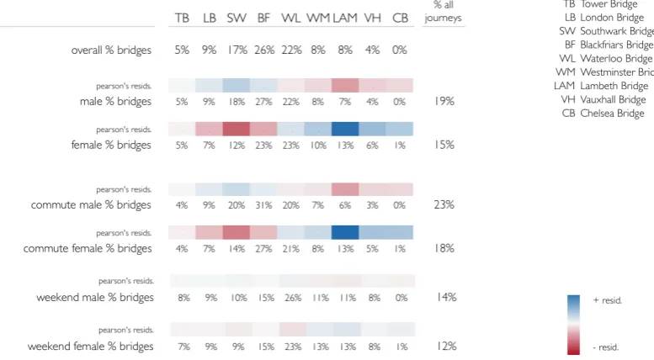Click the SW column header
(237, 18)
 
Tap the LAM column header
(345, 18)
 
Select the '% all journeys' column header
(443, 11)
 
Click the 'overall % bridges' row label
(111, 50)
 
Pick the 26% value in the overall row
(264, 50)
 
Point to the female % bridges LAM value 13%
(345, 146)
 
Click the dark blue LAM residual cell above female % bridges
(345, 129)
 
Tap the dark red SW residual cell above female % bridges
(236, 129)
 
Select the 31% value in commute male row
(263, 205)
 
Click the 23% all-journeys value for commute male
(444, 204)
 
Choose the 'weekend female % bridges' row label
(91, 347)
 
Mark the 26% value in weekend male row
(293, 298)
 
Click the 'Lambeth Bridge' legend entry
(601, 86)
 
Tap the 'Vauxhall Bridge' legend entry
(603, 99)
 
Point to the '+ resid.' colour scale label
(608, 300)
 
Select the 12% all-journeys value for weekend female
(446, 346)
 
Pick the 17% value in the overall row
(237, 50)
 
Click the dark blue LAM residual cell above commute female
(345, 232)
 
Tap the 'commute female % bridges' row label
(88, 248)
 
